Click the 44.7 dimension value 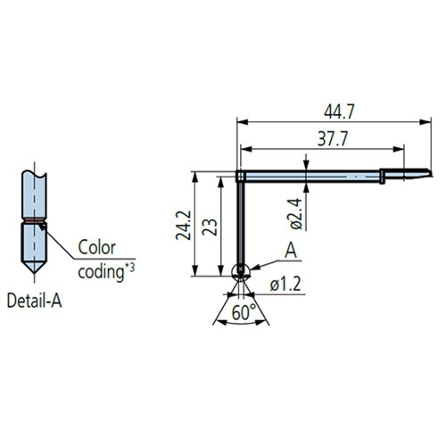(339, 112)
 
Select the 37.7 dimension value (332, 138)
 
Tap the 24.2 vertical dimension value (184, 225)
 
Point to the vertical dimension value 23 (210, 227)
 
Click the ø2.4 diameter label (296, 214)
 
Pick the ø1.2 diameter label (285, 284)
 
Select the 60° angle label (244, 312)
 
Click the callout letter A (291, 251)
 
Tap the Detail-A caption (35, 301)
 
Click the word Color (96, 247)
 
